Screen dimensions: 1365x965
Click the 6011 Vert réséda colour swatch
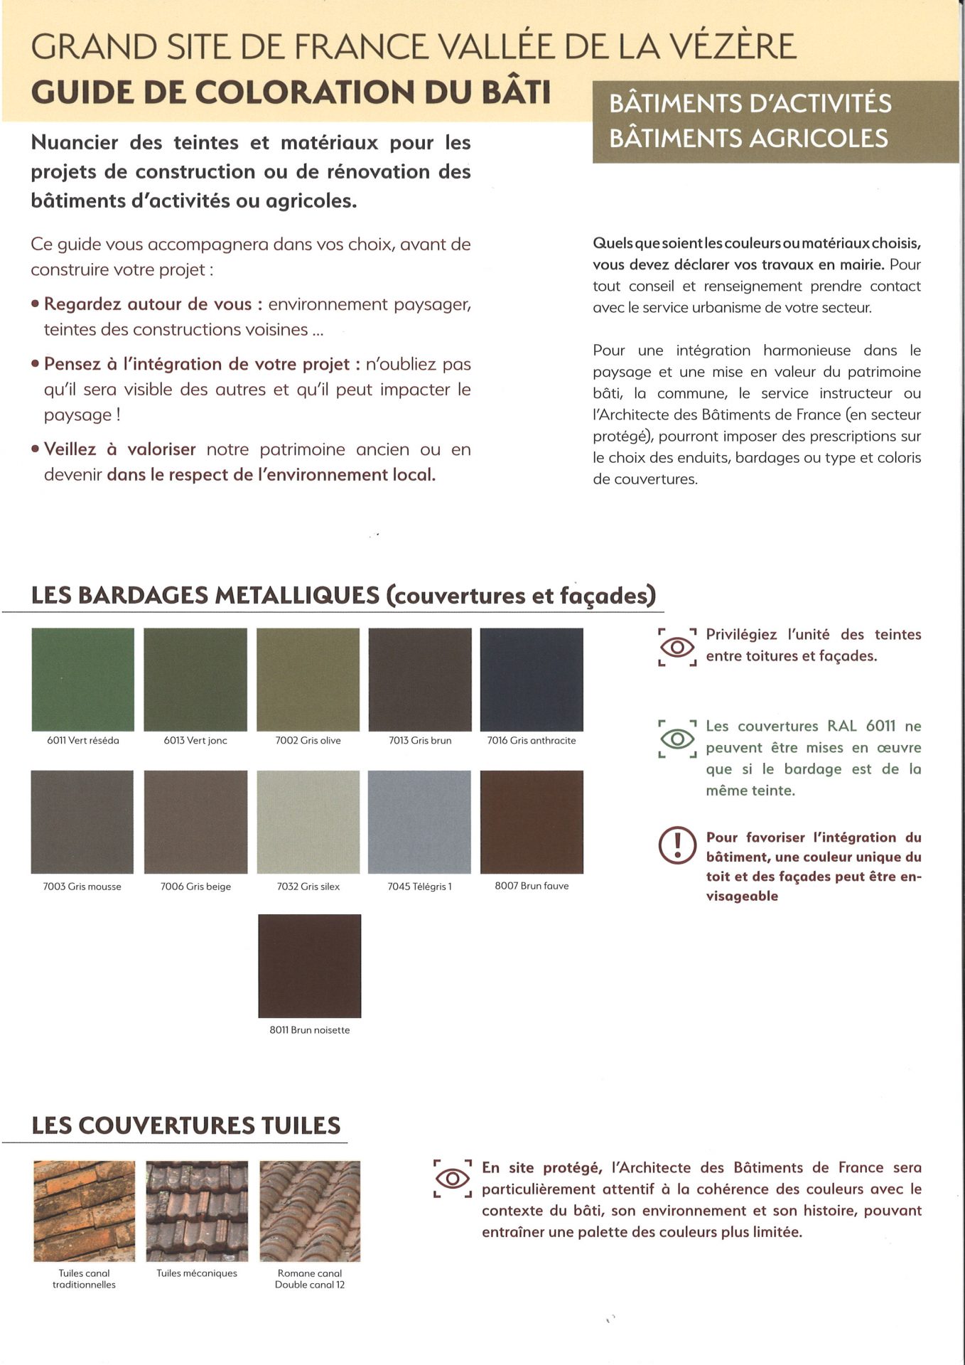pyautogui.click(x=82, y=679)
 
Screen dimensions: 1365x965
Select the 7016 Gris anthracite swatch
pyautogui.click(x=532, y=679)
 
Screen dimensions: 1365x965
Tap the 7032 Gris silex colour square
pyautogui.click(x=308, y=822)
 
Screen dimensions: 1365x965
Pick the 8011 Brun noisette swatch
pyautogui.click(x=309, y=965)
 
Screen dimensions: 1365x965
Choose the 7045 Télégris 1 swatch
pyautogui.click(x=419, y=822)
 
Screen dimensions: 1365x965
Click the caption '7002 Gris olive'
pyautogui.click(x=308, y=741)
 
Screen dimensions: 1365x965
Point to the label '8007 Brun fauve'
pyautogui.click(x=532, y=886)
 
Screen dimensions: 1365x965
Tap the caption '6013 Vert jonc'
pyautogui.click(x=195, y=741)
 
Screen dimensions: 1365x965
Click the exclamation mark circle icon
pyautogui.click(x=676, y=845)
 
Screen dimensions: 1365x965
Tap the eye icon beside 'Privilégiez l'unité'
pyautogui.click(x=677, y=647)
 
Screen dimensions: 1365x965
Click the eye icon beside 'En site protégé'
pyautogui.click(x=452, y=1179)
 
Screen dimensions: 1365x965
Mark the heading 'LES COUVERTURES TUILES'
pyautogui.click(x=186, y=1125)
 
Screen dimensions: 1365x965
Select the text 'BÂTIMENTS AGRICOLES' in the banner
pyautogui.click(x=749, y=138)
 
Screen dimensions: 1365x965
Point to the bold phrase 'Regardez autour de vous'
pyautogui.click(x=148, y=304)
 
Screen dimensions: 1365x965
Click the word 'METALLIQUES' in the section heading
pyautogui.click(x=296, y=595)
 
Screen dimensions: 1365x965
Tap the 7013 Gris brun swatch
pyautogui.click(x=419, y=679)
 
